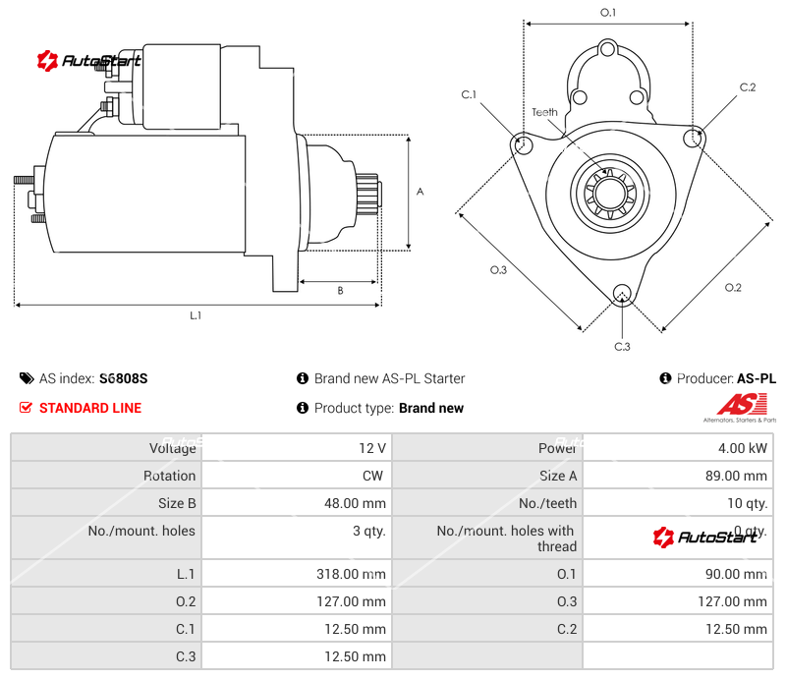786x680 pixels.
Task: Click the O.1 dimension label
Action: tap(608, 13)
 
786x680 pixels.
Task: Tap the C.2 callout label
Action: tap(748, 87)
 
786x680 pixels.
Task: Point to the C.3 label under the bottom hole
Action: tap(622, 346)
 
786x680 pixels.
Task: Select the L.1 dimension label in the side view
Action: tap(196, 315)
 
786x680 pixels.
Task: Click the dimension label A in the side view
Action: tap(420, 192)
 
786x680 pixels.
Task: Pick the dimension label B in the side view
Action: tap(340, 290)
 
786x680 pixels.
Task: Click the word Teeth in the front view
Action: tap(544, 112)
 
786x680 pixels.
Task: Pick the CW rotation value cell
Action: tap(374, 476)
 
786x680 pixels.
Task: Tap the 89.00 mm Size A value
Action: tap(739, 476)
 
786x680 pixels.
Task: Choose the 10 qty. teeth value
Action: tap(746, 503)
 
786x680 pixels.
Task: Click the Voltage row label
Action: tap(172, 448)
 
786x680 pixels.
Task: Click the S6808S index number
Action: tap(123, 378)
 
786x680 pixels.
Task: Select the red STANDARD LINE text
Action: tap(89, 408)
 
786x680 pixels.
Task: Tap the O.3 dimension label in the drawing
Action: tap(498, 270)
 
